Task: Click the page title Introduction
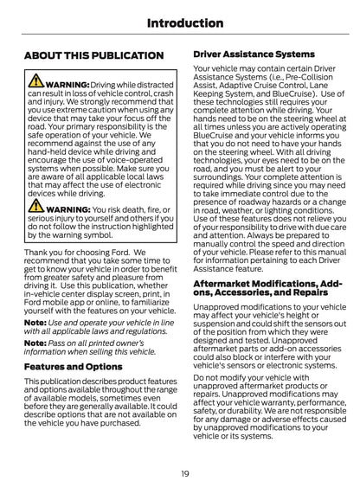[179, 22]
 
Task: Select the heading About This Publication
[93, 55]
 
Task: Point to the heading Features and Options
[73, 366]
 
